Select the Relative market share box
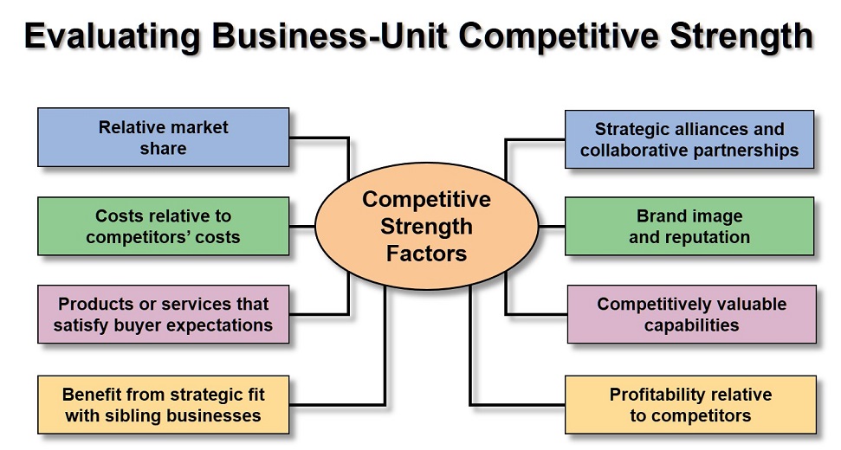pos(163,137)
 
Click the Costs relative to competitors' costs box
pos(163,226)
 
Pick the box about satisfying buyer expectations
pos(163,314)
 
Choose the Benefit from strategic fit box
pos(163,404)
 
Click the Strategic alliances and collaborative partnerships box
pos(689,139)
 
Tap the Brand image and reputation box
pos(689,226)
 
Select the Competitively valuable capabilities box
pos(691,314)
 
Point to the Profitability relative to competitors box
pos(690,404)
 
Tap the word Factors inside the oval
pos(426,254)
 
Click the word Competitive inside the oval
pos(426,200)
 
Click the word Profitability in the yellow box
pos(654,395)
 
